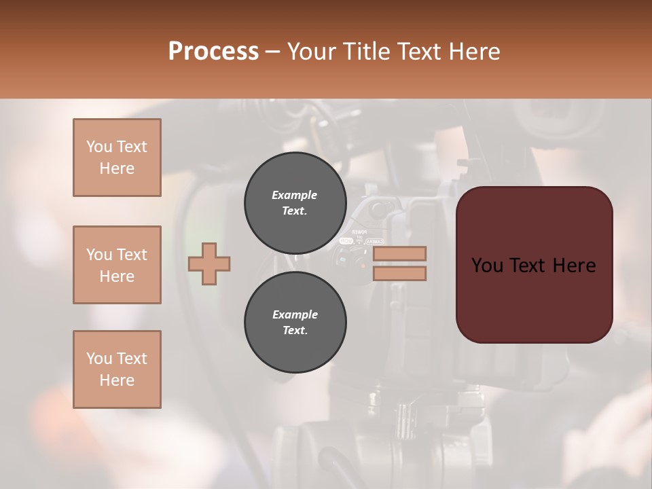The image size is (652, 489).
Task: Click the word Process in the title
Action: (213, 52)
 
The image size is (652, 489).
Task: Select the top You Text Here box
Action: (117, 158)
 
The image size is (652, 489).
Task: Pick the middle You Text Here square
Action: (117, 265)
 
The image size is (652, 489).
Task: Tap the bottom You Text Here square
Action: (117, 369)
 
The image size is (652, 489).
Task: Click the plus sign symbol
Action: (209, 264)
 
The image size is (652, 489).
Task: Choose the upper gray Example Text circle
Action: (295, 203)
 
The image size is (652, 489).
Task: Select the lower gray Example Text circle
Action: (295, 323)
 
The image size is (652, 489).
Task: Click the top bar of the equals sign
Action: (399, 254)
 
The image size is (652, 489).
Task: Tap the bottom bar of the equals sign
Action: (399, 274)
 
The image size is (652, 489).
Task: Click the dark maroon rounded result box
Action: (534, 265)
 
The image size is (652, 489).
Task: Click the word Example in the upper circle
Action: (295, 195)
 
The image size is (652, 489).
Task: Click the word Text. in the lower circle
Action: (295, 331)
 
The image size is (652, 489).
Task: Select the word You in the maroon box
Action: (487, 266)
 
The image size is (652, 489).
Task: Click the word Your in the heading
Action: (311, 52)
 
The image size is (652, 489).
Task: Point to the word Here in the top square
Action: (117, 168)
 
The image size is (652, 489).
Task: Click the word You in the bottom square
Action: (99, 359)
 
